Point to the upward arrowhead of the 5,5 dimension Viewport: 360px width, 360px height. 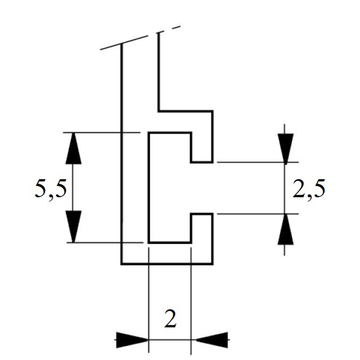(x=73, y=148)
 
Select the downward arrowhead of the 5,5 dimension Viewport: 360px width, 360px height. (x=73, y=226)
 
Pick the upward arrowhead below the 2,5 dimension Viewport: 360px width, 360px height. (x=286, y=229)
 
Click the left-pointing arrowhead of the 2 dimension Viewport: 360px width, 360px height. (x=211, y=340)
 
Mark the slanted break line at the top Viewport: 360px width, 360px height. (x=140, y=38)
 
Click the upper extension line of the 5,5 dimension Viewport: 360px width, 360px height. (x=102, y=132)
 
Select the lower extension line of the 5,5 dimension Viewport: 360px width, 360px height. (x=105, y=243)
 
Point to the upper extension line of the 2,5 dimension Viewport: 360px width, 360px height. (x=257, y=162)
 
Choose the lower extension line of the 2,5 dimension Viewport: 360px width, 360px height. (x=257, y=214)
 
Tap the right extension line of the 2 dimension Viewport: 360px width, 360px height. (x=191, y=301)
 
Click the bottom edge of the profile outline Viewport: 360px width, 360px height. (x=167, y=264)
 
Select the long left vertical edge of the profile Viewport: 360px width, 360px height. (x=121, y=154)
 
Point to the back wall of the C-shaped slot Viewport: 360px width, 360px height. (x=149, y=188)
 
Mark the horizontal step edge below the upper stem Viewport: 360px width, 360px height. (x=185, y=111)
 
